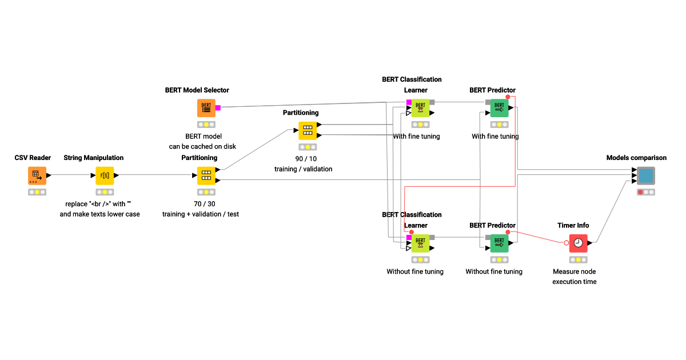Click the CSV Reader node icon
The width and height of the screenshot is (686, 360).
pyautogui.click(x=37, y=175)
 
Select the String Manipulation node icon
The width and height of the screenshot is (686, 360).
pyautogui.click(x=105, y=175)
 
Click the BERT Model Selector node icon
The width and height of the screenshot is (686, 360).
pyautogui.click(x=206, y=108)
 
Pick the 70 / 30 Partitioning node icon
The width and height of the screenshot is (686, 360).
pyautogui.click(x=206, y=175)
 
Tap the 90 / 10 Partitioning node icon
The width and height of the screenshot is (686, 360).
pyautogui.click(x=308, y=130)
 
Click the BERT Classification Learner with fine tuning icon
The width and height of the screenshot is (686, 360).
pyautogui.click(x=420, y=108)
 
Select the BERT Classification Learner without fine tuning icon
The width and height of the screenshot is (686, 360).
pyautogui.click(x=420, y=243)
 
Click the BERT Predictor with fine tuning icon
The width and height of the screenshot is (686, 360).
pyautogui.click(x=499, y=108)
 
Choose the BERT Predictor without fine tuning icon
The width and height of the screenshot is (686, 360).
pyautogui.click(x=499, y=243)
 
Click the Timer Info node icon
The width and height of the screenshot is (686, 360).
pyautogui.click(x=578, y=243)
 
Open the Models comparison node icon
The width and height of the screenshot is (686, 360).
pyautogui.click(x=646, y=175)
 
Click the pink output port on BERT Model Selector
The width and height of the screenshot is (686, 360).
pyautogui.click(x=218, y=108)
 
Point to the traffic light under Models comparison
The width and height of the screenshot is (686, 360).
pyautogui.click(x=646, y=192)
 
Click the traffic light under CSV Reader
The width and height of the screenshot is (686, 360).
pyautogui.click(x=37, y=192)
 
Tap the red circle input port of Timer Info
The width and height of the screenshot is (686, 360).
pyautogui.click(x=567, y=243)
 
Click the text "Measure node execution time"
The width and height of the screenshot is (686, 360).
pyautogui.click(x=574, y=277)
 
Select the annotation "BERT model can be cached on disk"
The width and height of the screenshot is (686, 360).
pyautogui.click(x=202, y=141)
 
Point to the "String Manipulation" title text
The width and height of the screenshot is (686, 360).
pyautogui.click(x=93, y=158)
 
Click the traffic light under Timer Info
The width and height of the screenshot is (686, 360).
pyautogui.click(x=578, y=260)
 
